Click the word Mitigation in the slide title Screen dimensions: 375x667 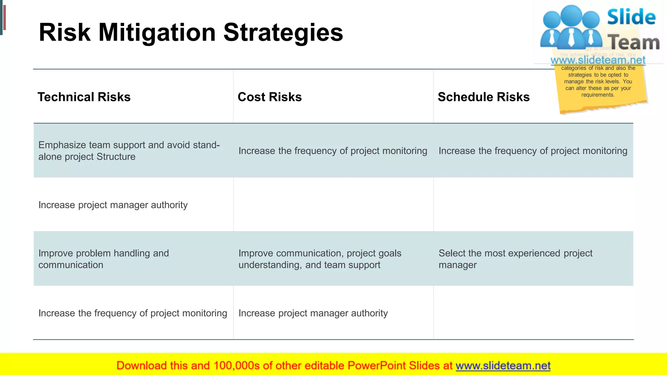(157, 33)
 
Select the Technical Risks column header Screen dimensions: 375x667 (84, 97)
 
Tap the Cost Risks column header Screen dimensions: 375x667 (270, 97)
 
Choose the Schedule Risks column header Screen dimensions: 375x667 (484, 97)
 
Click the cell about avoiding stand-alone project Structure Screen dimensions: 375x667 (129, 151)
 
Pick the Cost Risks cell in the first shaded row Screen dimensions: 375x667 (333, 151)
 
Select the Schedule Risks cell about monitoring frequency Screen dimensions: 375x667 (533, 151)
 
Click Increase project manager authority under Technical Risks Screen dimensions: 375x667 (113, 205)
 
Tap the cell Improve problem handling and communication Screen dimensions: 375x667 (104, 259)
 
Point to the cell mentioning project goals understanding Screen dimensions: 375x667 (319, 259)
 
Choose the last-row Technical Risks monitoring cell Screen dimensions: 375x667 (133, 313)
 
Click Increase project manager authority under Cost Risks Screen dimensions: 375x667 (313, 313)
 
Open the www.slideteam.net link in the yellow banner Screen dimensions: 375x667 (503, 366)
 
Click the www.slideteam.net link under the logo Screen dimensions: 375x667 (598, 60)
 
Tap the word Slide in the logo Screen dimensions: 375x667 (631, 17)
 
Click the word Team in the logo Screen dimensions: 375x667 (633, 43)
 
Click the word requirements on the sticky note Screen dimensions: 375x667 (598, 95)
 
